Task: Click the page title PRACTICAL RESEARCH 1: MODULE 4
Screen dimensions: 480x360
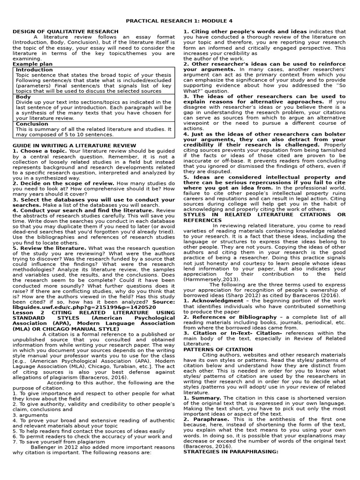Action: (x=180, y=22)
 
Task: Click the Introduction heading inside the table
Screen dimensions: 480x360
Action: (x=34, y=70)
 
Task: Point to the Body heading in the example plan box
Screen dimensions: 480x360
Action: (x=23, y=97)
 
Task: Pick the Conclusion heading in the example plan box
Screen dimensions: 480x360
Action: (x=32, y=124)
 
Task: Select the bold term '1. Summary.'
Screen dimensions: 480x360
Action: (x=202, y=397)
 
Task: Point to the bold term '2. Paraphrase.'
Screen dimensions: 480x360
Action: (x=206, y=419)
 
